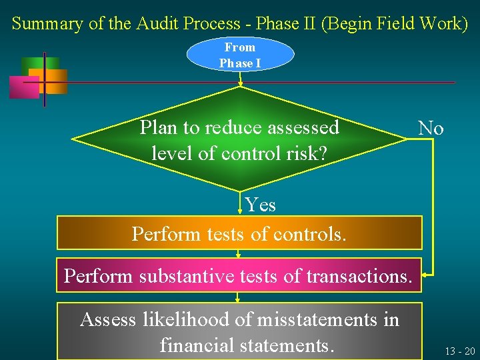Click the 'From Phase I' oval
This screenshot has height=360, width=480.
(240, 55)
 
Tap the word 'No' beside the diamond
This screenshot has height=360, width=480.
(431, 128)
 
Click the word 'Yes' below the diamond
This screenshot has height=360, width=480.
(260, 204)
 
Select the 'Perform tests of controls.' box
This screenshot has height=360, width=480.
(239, 233)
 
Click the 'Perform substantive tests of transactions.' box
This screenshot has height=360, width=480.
(239, 275)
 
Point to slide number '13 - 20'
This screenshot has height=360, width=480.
(459, 351)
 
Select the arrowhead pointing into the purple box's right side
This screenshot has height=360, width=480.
(427, 273)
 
